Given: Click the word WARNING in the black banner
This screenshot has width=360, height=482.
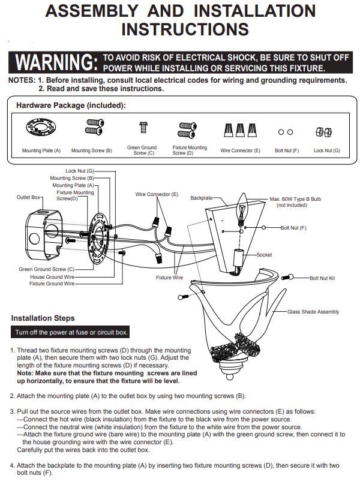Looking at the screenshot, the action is pos(56,62).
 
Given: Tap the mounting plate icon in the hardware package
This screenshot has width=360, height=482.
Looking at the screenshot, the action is pos(41,127).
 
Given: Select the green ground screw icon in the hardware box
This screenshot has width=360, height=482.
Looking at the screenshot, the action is pos(143,127).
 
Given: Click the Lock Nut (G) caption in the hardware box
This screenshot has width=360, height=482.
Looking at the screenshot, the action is pos(327,150).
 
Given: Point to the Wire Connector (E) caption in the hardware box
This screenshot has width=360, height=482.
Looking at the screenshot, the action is pos(241,150).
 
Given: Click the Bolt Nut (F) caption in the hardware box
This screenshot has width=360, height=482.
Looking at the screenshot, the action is pos(287,150).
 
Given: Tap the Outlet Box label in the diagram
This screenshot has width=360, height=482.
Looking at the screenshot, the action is pos(28,197).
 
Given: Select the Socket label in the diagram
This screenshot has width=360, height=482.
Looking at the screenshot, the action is pos(264,255).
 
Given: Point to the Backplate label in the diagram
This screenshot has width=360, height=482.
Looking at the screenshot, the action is pos(201,198).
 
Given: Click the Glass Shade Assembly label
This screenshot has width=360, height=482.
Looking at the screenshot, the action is pos(313,312).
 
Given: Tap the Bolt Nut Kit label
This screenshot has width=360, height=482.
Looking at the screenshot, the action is pos(322,278).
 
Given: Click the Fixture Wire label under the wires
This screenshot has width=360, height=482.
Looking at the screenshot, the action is pos(169,278).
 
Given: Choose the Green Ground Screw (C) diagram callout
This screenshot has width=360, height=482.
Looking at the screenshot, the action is pos(46,269).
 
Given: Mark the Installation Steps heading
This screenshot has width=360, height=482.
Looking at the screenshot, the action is pos(43,318).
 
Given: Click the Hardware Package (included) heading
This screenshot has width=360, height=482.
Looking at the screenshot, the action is pos(71,106).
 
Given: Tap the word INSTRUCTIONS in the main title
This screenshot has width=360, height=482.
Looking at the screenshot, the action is pos(185,29).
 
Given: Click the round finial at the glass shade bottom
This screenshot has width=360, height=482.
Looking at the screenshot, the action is pos(230,376).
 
